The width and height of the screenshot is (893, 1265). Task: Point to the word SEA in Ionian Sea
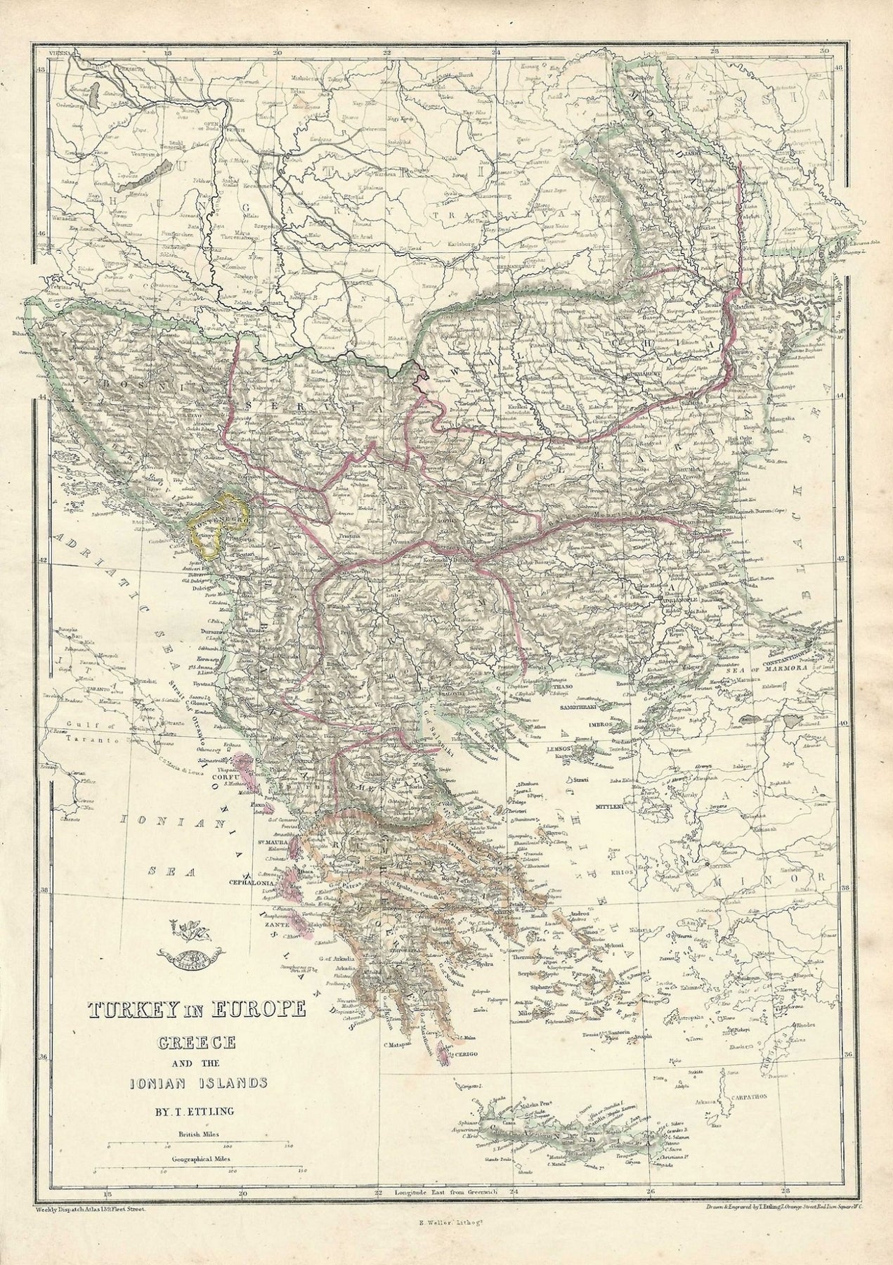click(162, 870)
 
